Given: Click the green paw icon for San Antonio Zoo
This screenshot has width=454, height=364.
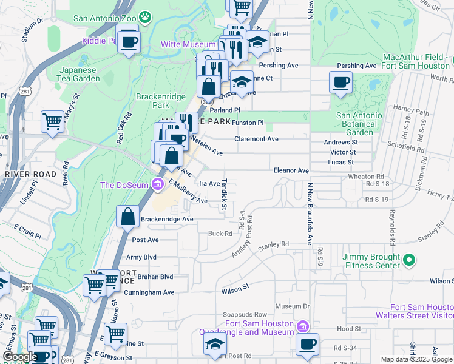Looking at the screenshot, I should (144, 18).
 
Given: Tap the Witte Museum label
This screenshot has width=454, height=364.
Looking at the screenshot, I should (188, 44).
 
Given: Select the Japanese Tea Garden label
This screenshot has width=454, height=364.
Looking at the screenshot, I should (79, 74).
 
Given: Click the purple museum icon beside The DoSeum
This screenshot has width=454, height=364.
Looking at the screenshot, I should (158, 184).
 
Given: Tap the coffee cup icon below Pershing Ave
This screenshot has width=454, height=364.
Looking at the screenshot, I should (340, 82).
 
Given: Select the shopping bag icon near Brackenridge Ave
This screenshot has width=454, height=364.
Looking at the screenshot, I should (128, 217).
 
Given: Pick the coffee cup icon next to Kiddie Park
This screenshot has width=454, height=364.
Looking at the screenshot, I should (128, 42).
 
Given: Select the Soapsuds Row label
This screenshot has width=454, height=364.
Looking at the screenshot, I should (245, 314).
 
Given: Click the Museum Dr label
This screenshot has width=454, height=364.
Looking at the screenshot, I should (293, 306).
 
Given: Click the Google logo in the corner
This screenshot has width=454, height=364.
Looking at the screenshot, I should (20, 357).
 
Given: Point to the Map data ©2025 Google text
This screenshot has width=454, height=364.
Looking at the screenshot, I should (416, 359).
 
